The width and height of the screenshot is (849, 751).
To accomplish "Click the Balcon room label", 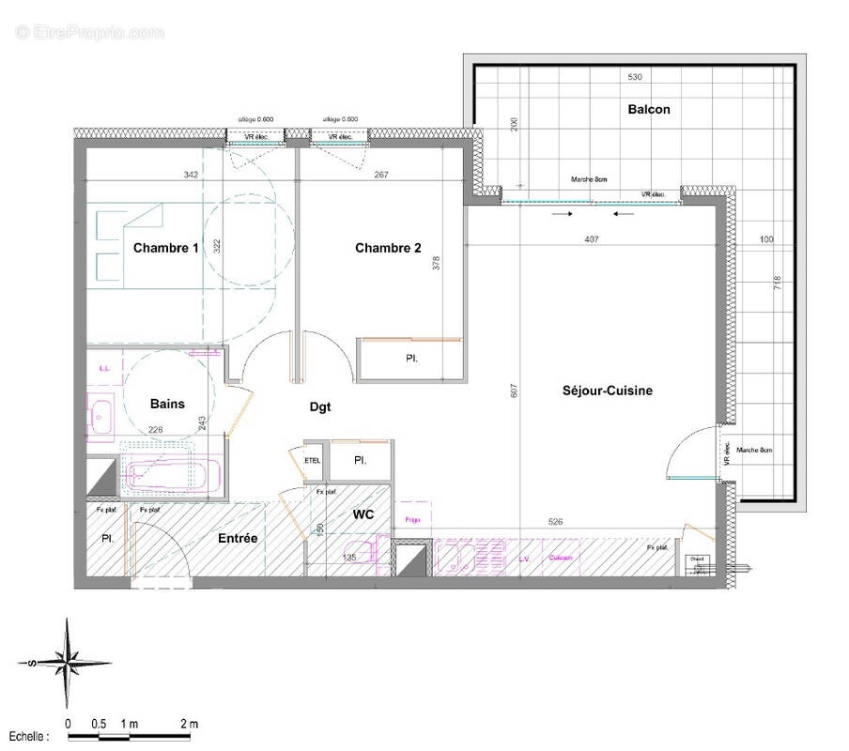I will pos(649,109).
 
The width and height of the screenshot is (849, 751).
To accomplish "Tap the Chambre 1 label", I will pos(166,248).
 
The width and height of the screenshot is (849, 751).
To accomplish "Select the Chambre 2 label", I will pos(388,248).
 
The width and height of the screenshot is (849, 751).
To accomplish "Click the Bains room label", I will pos(167,404).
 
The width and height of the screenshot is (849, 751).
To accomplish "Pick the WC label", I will pos(363,514).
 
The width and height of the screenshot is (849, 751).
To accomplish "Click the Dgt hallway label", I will pos(321,407).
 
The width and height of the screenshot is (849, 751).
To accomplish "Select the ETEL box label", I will pos(313,461).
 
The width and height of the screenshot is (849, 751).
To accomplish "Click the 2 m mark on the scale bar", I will pos(189,724).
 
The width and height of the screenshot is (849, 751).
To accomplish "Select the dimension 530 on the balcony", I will pos(635,76).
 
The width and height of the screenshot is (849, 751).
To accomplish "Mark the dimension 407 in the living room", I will pos(591,238).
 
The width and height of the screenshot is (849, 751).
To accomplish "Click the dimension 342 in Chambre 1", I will pos(191,175).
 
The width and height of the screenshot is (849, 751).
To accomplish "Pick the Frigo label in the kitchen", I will pos(411,519).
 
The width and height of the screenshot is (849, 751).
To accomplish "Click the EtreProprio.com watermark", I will pos(89,33).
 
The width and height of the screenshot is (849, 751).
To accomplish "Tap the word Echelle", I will pos(29,738).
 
